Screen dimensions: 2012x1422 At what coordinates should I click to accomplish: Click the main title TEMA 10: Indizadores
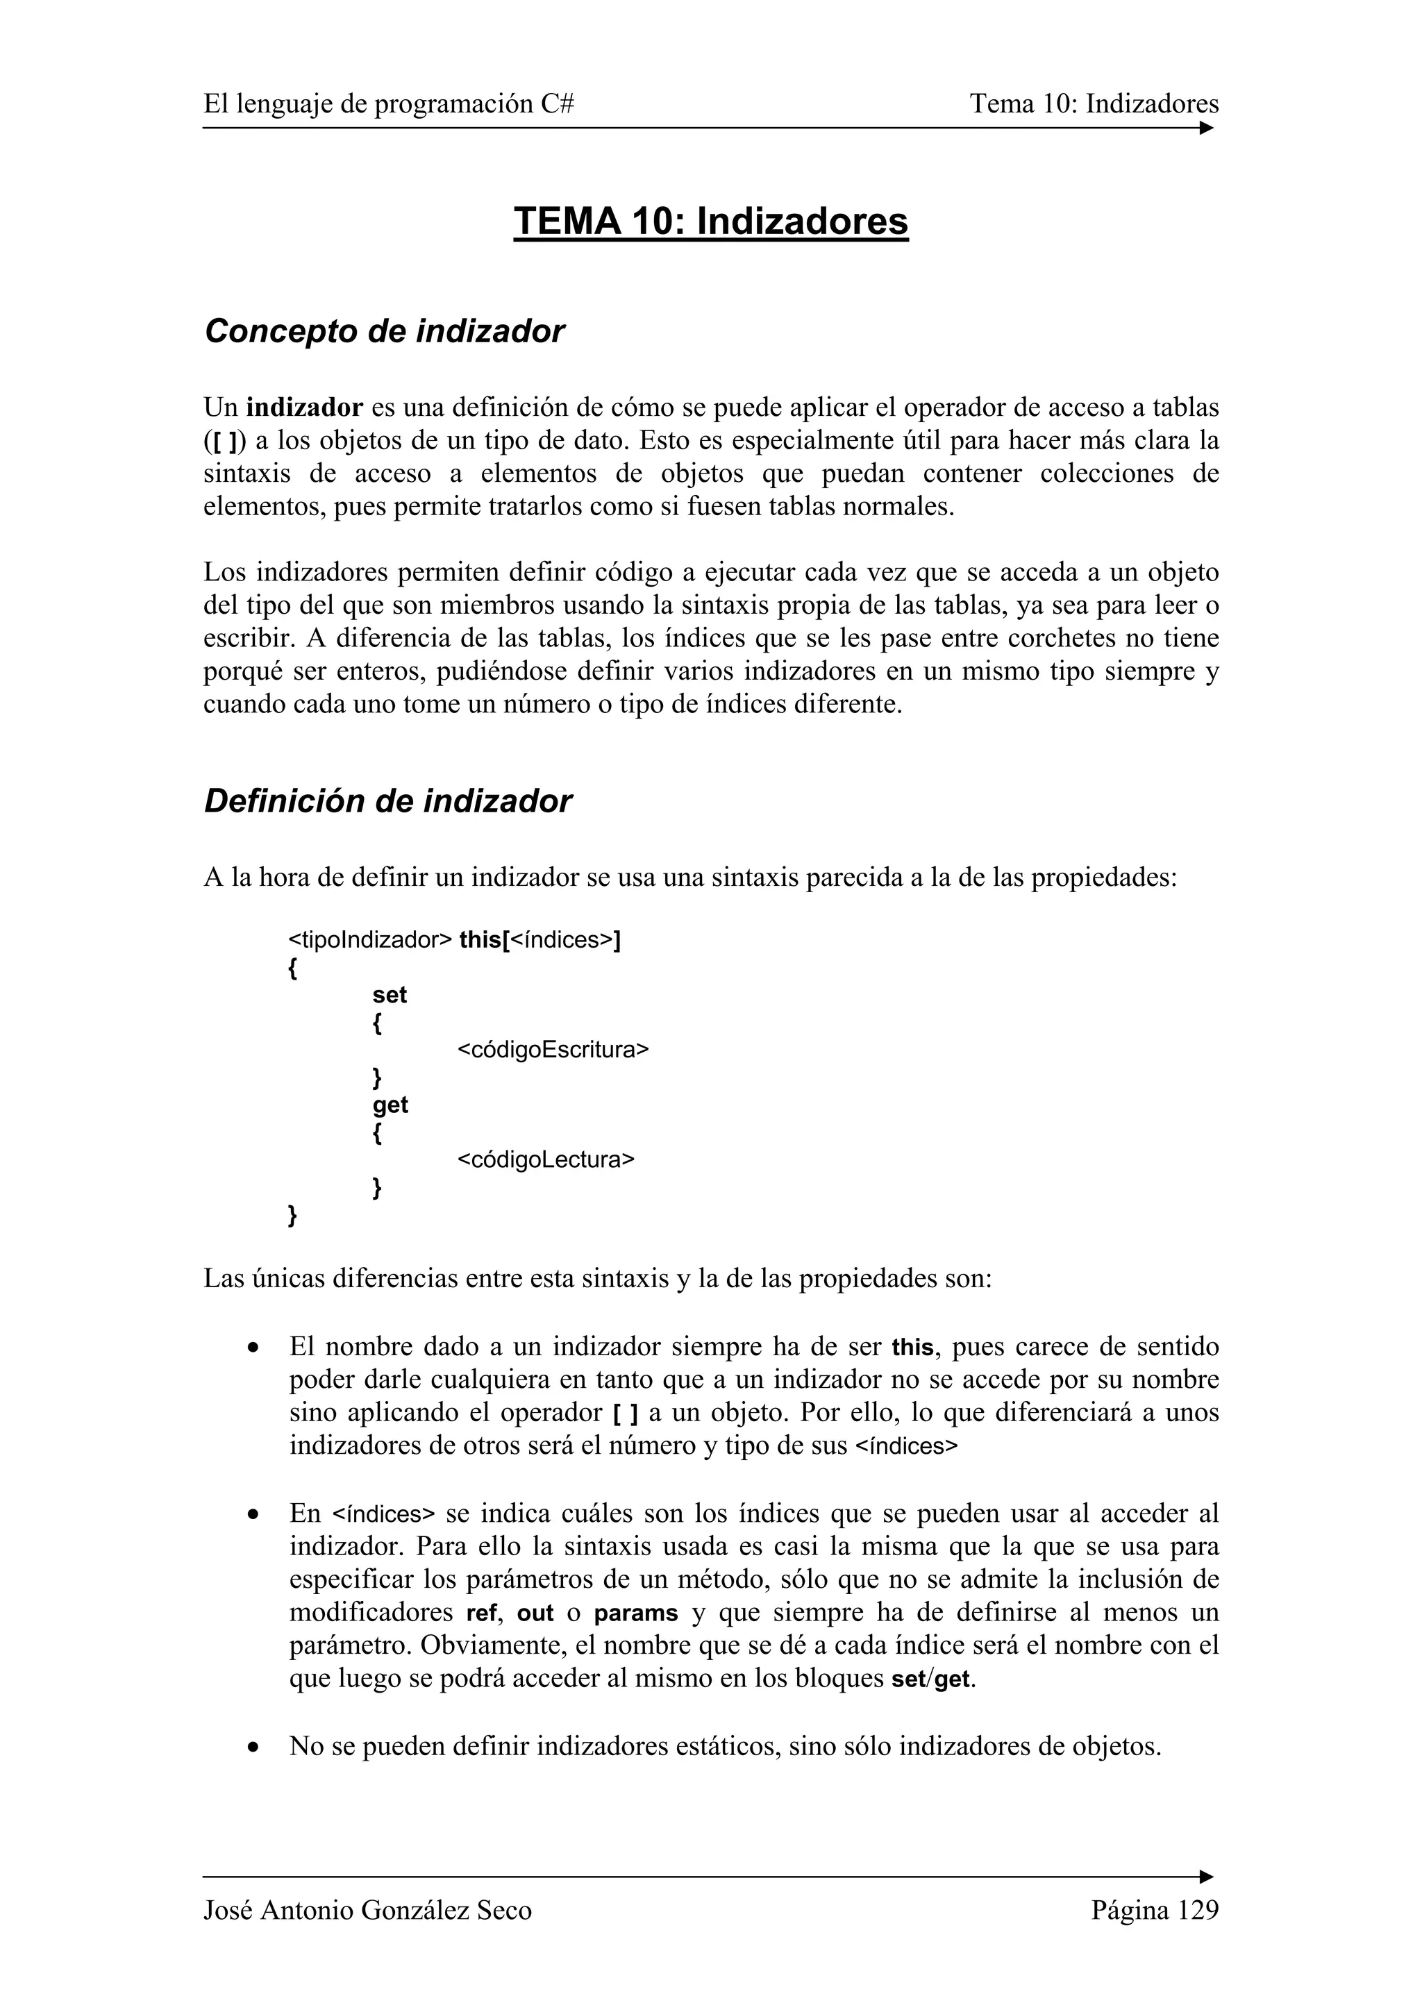pos(710,221)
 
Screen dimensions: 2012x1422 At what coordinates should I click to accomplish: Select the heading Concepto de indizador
pos(384,331)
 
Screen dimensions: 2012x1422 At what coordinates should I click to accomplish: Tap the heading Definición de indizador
pos(387,801)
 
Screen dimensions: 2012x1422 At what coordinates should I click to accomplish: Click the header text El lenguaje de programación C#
pos(389,104)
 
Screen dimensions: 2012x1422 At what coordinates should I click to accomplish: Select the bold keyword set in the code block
pos(390,995)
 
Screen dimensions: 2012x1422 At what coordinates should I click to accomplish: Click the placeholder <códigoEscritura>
pos(553,1049)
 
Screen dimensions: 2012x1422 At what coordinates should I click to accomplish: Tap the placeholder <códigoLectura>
pos(545,1159)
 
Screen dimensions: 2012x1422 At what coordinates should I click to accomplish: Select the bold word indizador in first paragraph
pos(304,408)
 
